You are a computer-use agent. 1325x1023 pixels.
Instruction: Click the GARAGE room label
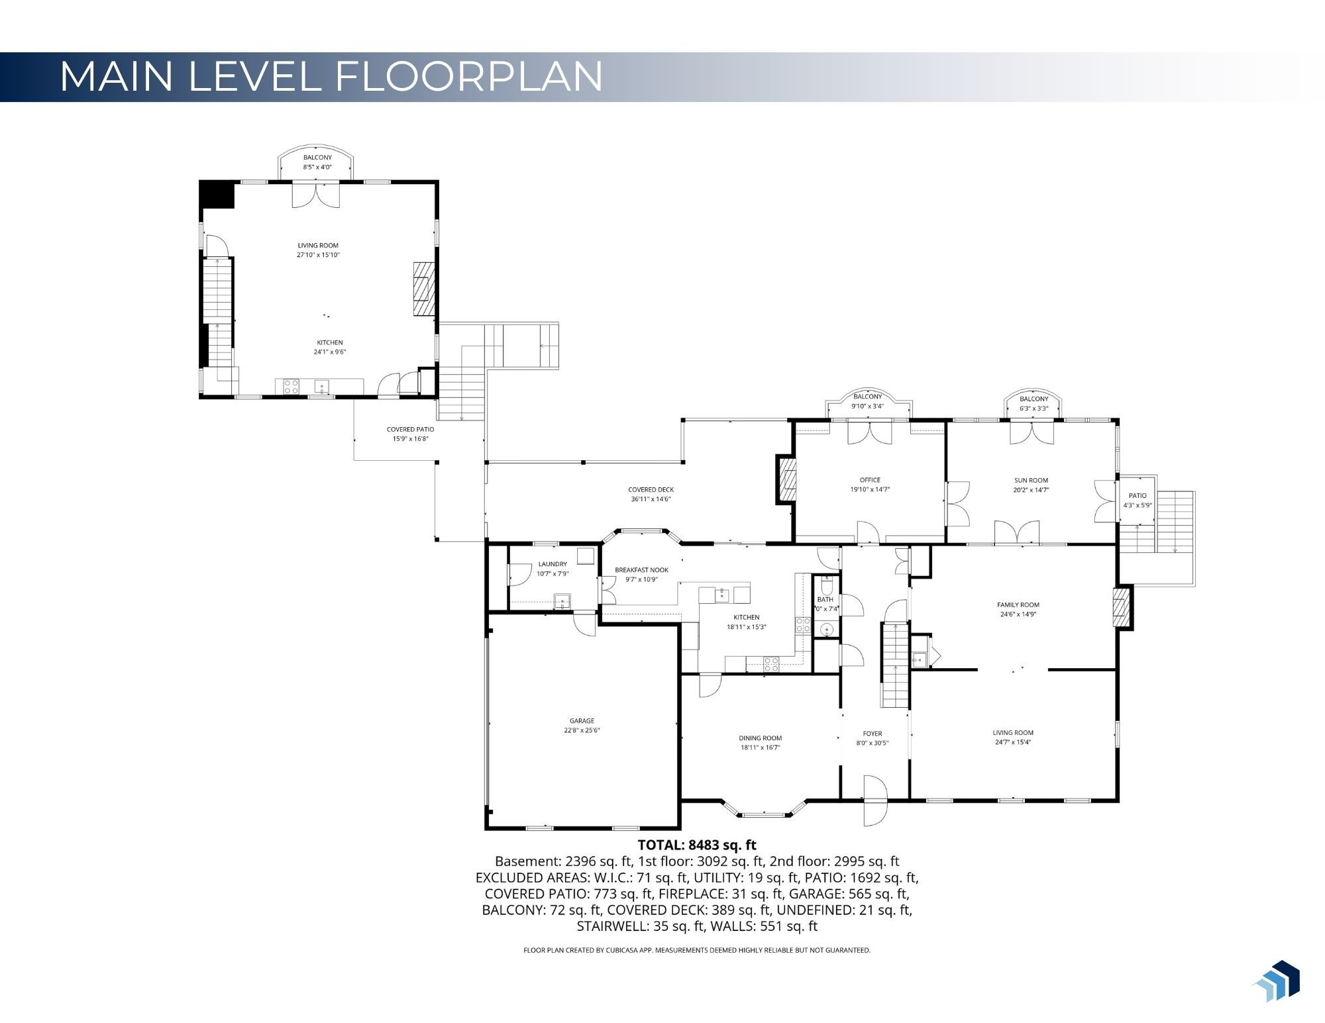[x=582, y=720]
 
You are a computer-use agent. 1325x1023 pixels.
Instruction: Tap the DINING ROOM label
[x=760, y=738]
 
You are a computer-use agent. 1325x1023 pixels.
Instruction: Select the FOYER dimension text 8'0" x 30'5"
[x=872, y=743]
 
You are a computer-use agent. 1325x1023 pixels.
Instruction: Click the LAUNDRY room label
[x=553, y=564]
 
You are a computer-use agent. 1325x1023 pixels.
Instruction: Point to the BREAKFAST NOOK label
[x=641, y=569]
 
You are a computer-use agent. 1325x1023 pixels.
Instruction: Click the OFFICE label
[x=870, y=480]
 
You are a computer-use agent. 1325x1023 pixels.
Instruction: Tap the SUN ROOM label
[x=1031, y=480]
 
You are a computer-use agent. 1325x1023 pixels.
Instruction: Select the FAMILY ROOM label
[x=1018, y=605]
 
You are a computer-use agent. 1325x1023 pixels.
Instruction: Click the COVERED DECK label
[x=651, y=489]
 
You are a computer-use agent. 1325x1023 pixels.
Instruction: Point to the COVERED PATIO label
[x=410, y=429]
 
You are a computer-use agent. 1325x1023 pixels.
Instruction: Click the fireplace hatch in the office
[x=788, y=478]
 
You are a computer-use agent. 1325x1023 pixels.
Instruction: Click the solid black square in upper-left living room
[x=217, y=195]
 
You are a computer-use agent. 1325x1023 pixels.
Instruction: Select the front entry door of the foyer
[x=874, y=801]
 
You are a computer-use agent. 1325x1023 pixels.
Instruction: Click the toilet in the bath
[x=826, y=587]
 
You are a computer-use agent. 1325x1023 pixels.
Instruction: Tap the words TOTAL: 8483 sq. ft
[x=696, y=845]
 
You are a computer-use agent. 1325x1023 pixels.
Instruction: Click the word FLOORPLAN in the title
[x=469, y=76]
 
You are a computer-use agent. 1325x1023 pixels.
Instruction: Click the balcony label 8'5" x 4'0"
[x=317, y=167]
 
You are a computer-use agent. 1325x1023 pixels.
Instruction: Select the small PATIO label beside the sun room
[x=1138, y=495]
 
